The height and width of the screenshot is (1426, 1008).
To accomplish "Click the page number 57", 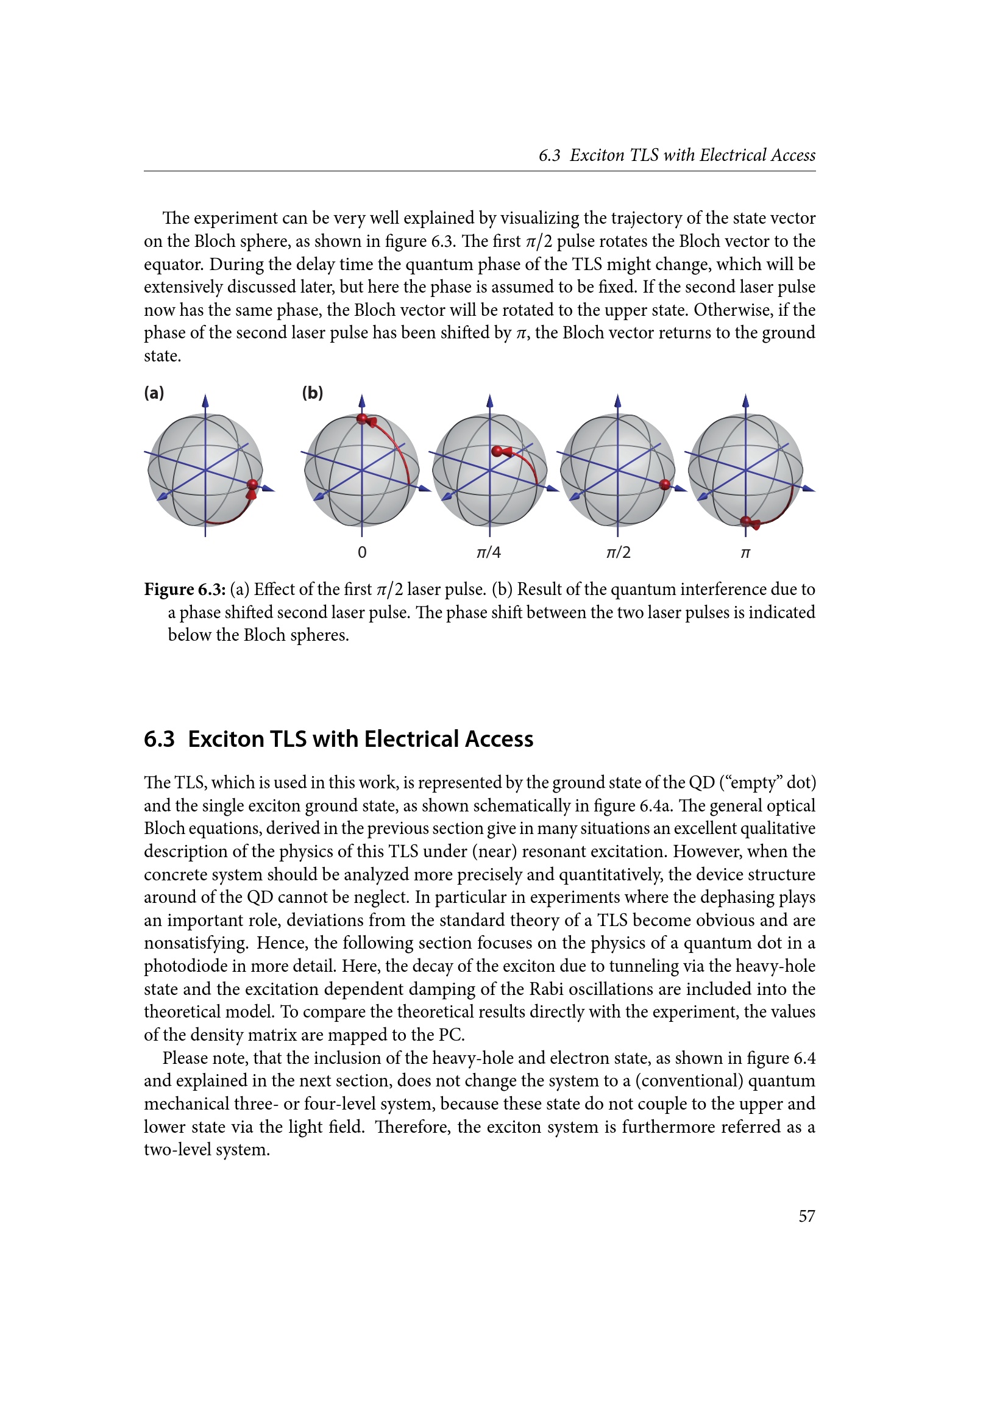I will click(806, 1216).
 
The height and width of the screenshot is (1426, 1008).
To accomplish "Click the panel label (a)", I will click(154, 393).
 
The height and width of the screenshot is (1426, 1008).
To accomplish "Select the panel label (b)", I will click(312, 393).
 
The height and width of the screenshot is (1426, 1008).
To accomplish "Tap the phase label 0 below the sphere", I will click(362, 552).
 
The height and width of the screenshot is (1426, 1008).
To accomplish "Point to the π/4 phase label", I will click(489, 552).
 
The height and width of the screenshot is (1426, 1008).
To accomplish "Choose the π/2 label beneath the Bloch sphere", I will click(618, 552).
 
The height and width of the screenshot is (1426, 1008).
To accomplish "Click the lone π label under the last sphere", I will click(745, 553).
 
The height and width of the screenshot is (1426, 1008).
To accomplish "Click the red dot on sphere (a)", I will click(252, 485).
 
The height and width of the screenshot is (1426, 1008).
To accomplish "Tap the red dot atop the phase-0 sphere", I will click(363, 419).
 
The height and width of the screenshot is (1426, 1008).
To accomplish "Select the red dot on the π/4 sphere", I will click(497, 452).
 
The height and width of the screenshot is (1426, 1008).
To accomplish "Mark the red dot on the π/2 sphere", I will click(665, 485).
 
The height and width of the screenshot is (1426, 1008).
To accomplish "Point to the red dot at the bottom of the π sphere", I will click(746, 521).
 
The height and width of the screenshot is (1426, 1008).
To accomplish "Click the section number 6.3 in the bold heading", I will click(159, 739).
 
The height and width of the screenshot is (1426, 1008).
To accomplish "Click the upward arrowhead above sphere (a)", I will click(205, 401).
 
